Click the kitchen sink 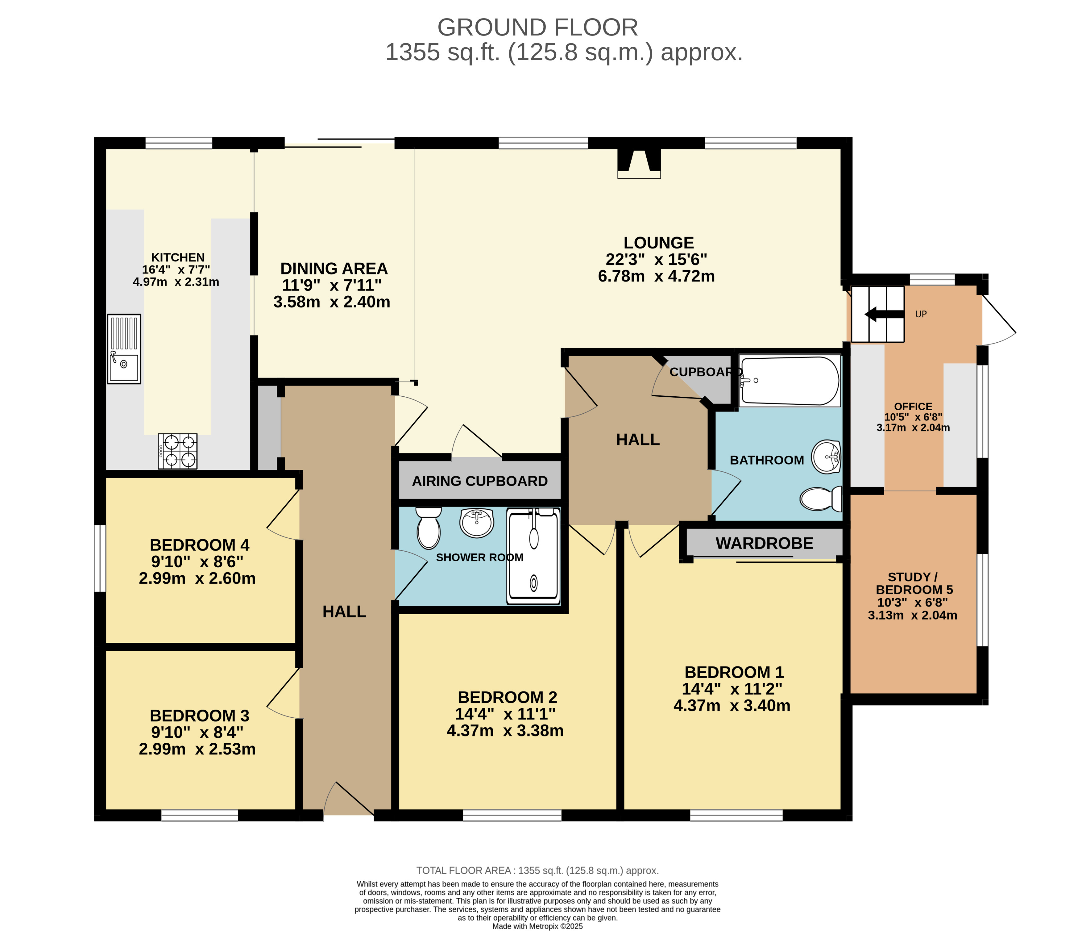click(124, 349)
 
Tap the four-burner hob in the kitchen click(177, 451)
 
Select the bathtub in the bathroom click(790, 381)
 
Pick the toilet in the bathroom click(821, 499)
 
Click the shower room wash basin click(477, 522)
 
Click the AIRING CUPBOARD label click(479, 481)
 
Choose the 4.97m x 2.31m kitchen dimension click(176, 282)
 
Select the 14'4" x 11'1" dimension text click(505, 714)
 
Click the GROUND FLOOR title click(537, 27)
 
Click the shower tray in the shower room click(533, 556)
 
